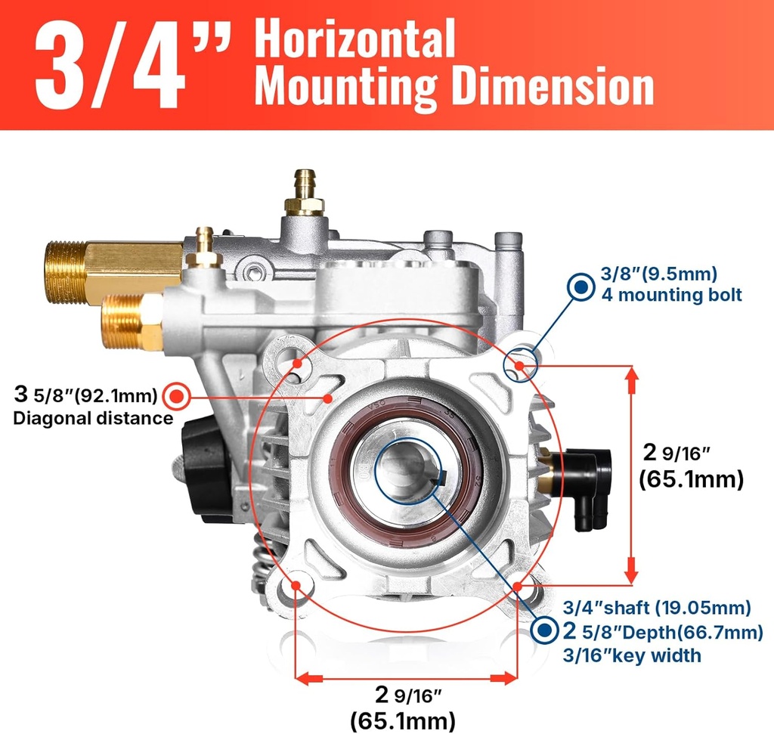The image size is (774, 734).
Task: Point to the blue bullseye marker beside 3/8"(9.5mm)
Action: coord(581,286)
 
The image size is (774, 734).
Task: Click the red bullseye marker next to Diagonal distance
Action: coord(178,395)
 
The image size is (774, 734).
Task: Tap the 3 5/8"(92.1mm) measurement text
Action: coord(86,395)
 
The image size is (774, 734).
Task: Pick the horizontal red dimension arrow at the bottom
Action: coord(405,678)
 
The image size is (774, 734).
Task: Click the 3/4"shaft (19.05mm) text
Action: coord(658,608)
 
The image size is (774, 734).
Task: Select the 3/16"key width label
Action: coord(633,655)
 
